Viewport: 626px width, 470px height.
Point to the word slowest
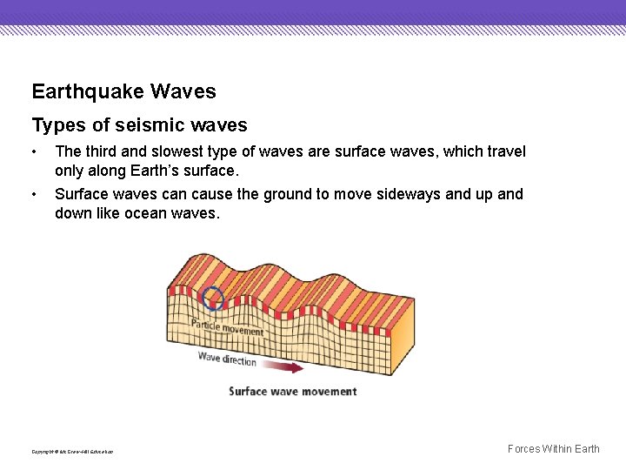tap(176, 151)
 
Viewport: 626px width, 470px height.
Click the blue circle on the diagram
tap(213, 299)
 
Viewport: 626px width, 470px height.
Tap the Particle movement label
tap(227, 328)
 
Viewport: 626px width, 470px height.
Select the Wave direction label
tap(227, 359)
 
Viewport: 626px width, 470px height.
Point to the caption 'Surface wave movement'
tap(293, 392)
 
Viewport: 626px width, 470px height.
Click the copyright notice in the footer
tap(72, 452)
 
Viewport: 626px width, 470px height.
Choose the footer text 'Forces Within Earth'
tap(553, 449)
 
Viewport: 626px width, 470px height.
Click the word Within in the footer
tap(557, 449)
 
